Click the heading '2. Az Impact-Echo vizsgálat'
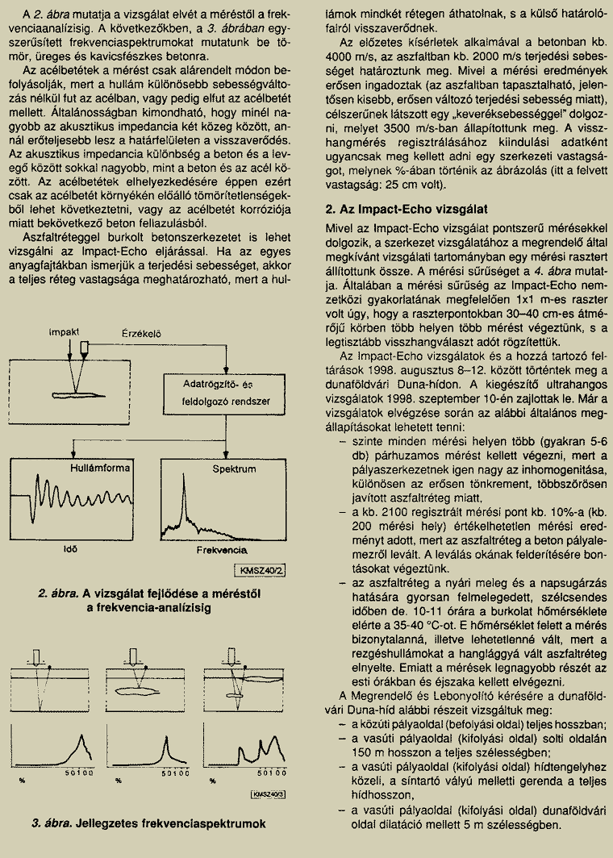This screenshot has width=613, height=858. (x=406, y=208)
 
